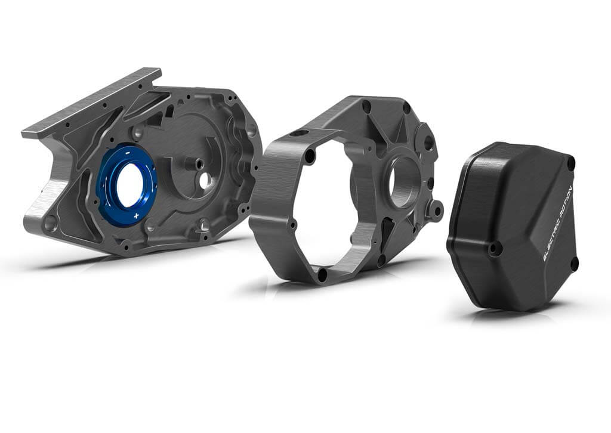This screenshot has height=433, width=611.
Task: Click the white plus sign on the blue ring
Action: (136, 215)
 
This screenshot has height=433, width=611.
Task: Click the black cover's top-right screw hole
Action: (572, 162)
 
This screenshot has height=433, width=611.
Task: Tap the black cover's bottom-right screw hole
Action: (574, 266)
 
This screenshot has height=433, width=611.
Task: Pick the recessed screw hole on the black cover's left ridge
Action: (494, 248)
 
